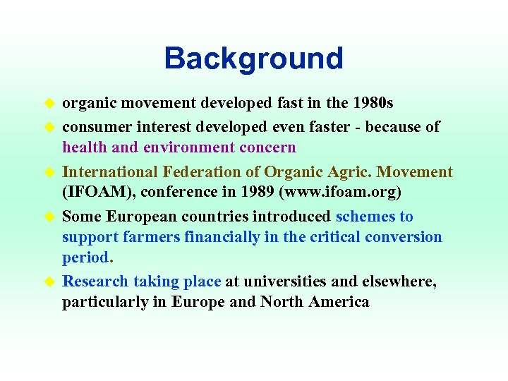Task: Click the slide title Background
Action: (253, 59)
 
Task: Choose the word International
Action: (110, 172)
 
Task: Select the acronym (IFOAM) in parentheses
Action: (95, 193)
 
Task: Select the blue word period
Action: (84, 258)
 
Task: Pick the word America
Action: (337, 302)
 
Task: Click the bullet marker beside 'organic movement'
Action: (50, 104)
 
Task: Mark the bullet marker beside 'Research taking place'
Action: (50, 282)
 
